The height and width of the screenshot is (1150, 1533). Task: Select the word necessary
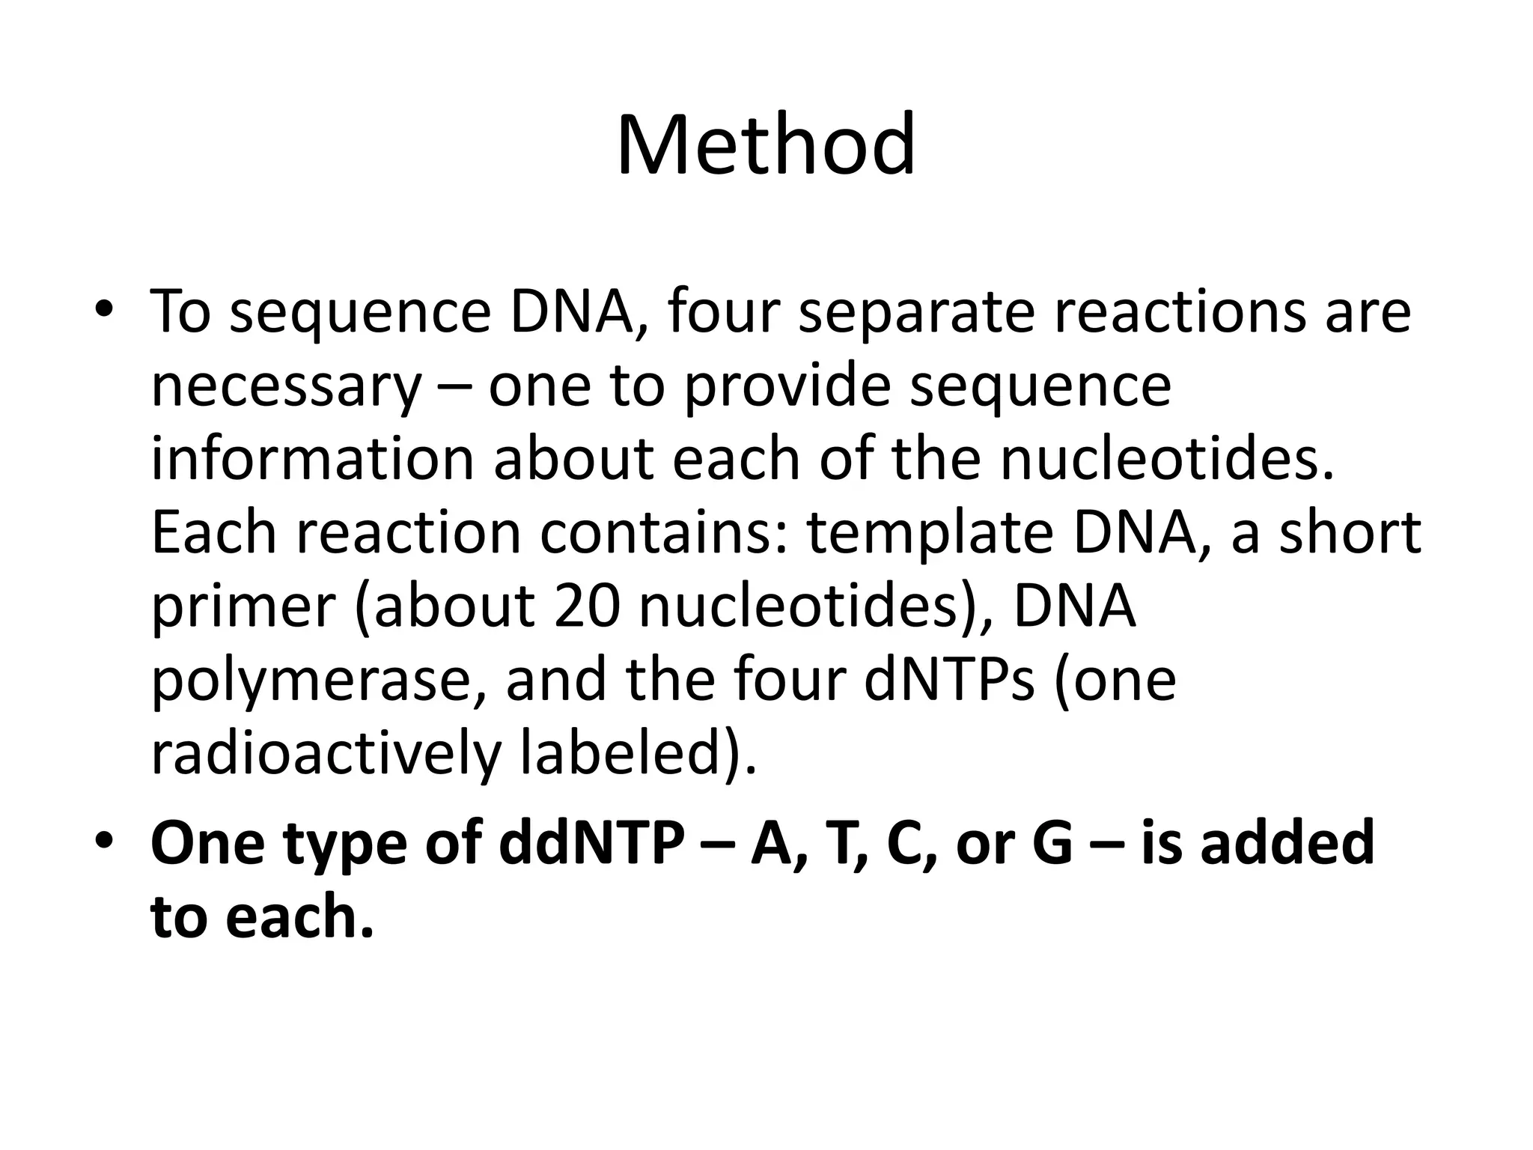coord(286,388)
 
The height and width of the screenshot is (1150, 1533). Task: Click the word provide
coord(788,388)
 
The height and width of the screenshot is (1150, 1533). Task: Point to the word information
coord(313,458)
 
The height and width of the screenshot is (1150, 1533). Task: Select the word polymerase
coord(319,681)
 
